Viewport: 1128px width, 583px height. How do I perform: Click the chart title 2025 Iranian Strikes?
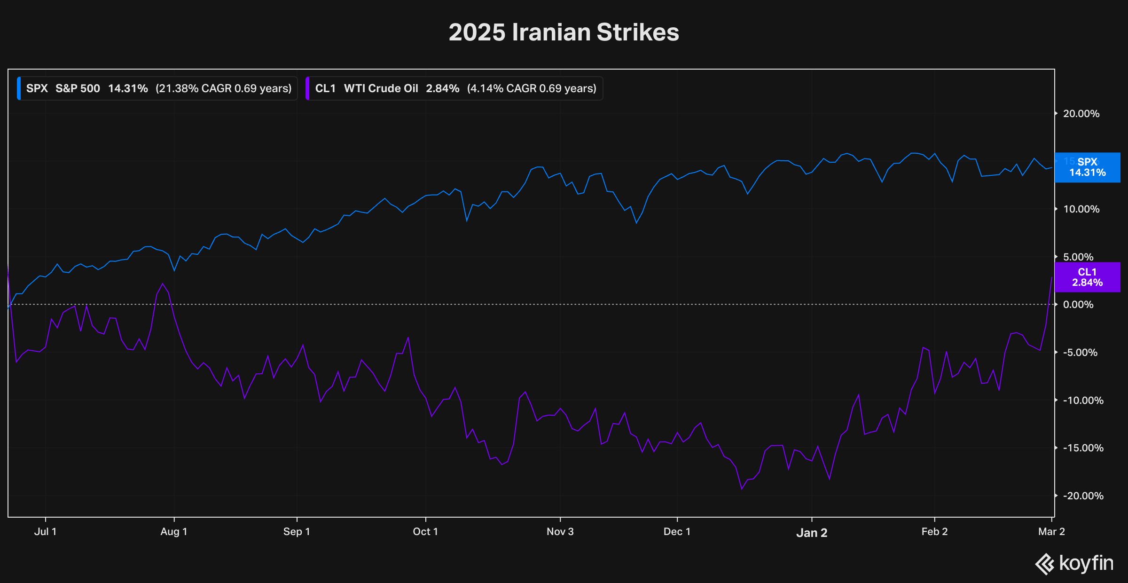click(564, 32)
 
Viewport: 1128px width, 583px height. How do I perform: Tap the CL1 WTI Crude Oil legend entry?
click(454, 88)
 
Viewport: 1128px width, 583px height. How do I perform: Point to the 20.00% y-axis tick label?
click(1081, 114)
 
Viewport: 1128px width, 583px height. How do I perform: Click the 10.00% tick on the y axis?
click(1081, 209)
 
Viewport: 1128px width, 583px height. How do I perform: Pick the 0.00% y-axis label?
click(1078, 305)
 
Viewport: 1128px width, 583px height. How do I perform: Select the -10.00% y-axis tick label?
click(1083, 401)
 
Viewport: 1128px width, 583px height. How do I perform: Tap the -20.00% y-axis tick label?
click(1083, 496)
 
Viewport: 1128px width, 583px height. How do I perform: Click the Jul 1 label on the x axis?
click(45, 532)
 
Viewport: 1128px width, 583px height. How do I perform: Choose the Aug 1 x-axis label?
click(174, 532)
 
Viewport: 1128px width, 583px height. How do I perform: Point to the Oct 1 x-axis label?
click(425, 532)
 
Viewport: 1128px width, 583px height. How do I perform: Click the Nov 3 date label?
click(560, 532)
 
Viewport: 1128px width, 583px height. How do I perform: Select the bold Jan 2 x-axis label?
click(812, 533)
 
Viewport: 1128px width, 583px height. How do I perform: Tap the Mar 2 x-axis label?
click(1051, 532)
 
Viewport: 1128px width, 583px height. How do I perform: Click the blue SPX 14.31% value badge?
click(1087, 167)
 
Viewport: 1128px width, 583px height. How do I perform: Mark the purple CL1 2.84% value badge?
click(1087, 277)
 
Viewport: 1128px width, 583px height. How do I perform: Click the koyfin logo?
click(1074, 563)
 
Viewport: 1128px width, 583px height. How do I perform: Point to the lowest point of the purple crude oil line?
click(742, 489)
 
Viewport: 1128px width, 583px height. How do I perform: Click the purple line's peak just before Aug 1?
click(163, 284)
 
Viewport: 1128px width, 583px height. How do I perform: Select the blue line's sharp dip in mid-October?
click(467, 221)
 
